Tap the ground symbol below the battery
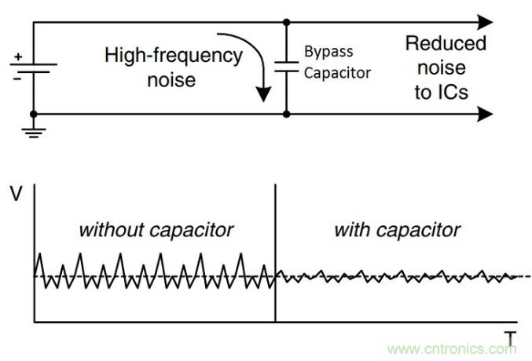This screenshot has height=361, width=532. coord(33,131)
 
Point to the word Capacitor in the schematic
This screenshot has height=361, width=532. coord(336,73)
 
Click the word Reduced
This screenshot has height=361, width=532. coord(446,43)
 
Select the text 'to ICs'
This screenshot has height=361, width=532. coord(442,93)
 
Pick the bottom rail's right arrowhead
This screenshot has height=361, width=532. coord(485,115)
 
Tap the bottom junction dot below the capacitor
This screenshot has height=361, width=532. coord(285,115)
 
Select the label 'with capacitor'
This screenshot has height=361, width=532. coord(397,230)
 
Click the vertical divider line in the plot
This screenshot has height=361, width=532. coord(275,251)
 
